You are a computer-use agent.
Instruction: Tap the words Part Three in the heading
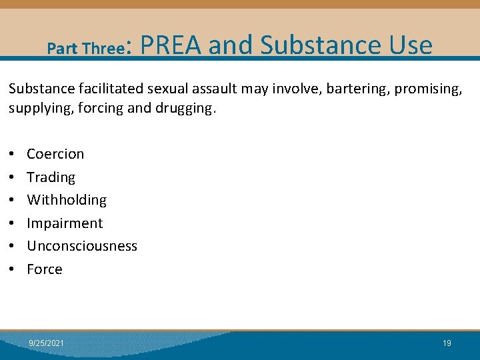click(86, 49)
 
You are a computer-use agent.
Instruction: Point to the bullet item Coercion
click(55, 154)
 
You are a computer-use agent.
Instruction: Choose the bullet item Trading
click(51, 177)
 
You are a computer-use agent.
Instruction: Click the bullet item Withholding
click(67, 200)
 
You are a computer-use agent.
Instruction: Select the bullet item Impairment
click(65, 223)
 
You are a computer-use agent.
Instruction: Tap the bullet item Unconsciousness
click(82, 246)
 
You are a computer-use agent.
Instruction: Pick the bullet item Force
click(45, 269)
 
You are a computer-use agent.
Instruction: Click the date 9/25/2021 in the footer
click(47, 343)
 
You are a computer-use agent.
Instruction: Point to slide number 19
click(447, 343)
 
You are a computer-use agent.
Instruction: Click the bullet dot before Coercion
click(13, 155)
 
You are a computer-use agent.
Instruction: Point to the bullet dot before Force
click(13, 270)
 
